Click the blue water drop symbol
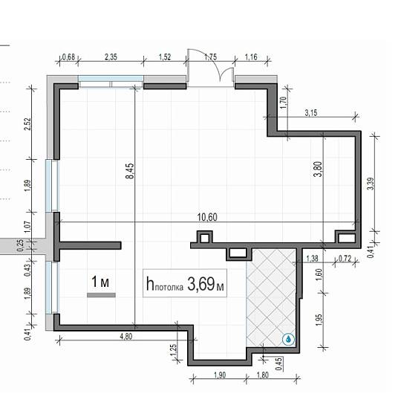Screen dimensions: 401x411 [x=288, y=339]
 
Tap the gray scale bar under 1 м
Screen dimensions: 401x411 [x=101, y=295]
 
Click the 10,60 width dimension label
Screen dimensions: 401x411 [x=207, y=217]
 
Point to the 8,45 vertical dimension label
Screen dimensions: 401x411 [x=130, y=171]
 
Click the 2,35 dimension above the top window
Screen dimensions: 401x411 [x=111, y=57]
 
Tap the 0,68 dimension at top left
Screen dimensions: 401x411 [x=68, y=57]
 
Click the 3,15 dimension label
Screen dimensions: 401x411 [x=311, y=113]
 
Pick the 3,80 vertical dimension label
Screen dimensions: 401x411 [x=318, y=169]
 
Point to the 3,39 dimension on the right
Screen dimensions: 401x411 [x=371, y=184]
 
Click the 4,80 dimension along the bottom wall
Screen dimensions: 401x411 [x=126, y=336]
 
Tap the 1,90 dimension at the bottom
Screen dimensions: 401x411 [x=220, y=375]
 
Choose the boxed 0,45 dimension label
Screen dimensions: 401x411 [x=279, y=364]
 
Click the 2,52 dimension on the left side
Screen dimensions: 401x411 [x=27, y=124]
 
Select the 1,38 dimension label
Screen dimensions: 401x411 [x=312, y=259]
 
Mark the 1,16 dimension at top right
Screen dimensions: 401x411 [x=251, y=57]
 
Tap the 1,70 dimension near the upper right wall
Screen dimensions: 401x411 [x=283, y=103]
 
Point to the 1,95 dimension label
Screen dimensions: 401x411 [x=319, y=320]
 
